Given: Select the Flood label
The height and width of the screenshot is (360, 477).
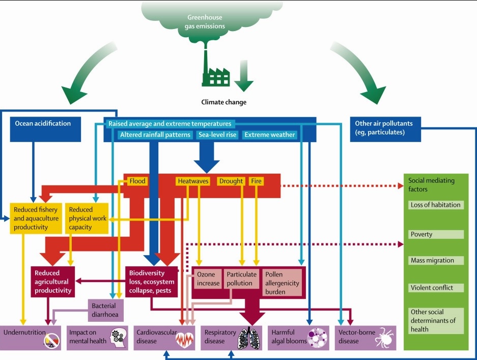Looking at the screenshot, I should (x=137, y=181).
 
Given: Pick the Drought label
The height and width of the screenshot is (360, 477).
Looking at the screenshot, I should (x=231, y=181).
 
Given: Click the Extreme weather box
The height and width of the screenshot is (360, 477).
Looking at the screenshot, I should (x=269, y=135).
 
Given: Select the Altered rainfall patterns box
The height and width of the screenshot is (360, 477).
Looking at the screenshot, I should (x=155, y=135).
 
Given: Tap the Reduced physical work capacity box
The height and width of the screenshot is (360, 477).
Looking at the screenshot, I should (x=87, y=218).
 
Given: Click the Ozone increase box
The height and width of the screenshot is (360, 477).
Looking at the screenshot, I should (x=208, y=279).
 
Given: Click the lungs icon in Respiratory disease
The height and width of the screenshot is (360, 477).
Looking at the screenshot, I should (x=249, y=338).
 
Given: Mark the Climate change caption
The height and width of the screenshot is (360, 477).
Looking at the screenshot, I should (x=223, y=102).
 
